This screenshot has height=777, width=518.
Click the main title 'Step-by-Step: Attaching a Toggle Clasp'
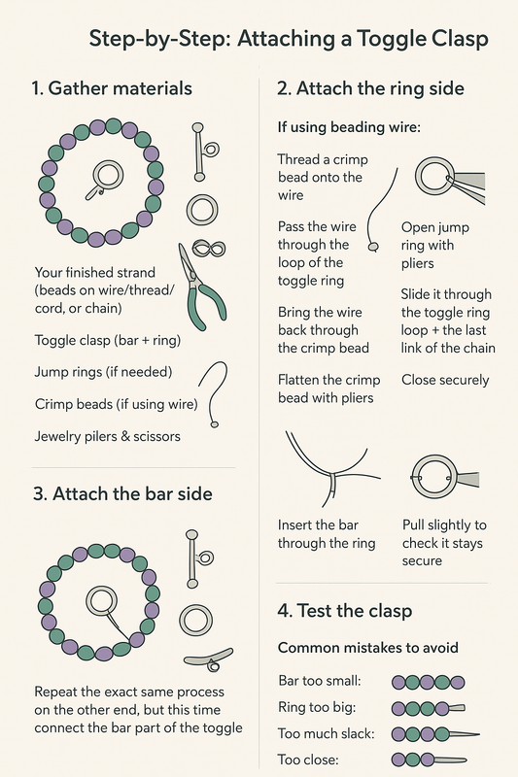(288, 40)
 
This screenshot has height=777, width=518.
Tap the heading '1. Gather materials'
(112, 89)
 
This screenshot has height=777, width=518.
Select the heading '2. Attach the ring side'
(370, 89)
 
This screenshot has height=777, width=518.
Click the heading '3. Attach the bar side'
(122, 493)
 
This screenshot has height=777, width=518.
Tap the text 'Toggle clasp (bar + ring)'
(107, 340)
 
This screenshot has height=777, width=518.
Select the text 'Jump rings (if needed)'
(102, 372)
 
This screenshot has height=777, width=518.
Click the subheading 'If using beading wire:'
(348, 127)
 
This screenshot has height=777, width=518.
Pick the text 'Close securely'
(445, 380)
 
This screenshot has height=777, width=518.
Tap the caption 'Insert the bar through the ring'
(327, 534)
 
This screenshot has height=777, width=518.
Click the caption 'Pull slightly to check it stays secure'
(443, 542)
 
